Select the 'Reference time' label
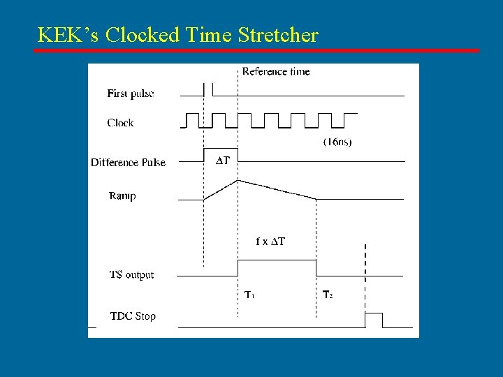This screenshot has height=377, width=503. pyautogui.click(x=276, y=71)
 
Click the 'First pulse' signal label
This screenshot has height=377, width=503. pyautogui.click(x=131, y=94)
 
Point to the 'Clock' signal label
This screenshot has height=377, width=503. pyautogui.click(x=120, y=123)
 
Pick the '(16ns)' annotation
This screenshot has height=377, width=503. pyautogui.click(x=337, y=142)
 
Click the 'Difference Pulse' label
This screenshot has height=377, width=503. pyautogui.click(x=128, y=163)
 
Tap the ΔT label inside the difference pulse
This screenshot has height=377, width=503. pyautogui.click(x=223, y=161)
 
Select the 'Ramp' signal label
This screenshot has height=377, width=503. pyautogui.click(x=122, y=196)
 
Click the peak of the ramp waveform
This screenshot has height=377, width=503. pyautogui.click(x=239, y=180)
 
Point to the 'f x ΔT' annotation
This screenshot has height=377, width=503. pyautogui.click(x=270, y=242)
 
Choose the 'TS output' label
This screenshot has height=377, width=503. pyautogui.click(x=131, y=275)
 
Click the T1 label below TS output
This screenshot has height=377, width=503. pyautogui.click(x=249, y=295)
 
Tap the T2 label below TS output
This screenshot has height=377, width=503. pyautogui.click(x=327, y=295)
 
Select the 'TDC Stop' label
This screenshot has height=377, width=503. pyautogui.click(x=133, y=316)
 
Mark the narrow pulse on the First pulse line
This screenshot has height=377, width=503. pyautogui.click(x=208, y=89)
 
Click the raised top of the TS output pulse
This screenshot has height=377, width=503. pyautogui.click(x=277, y=260)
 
